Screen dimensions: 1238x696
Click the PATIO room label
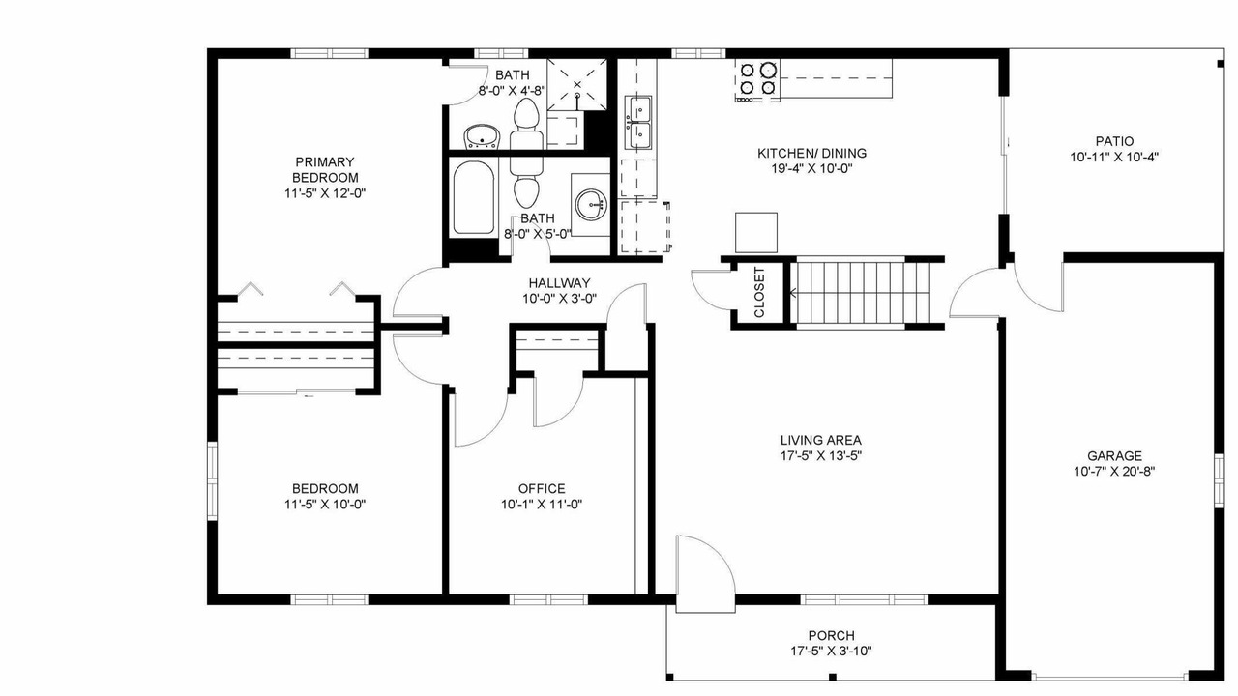[x=1114, y=141]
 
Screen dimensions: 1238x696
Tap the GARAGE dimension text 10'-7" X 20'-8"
[x=1114, y=472]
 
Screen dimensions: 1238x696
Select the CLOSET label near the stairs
[x=759, y=292]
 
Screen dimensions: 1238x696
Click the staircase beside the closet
[x=864, y=293]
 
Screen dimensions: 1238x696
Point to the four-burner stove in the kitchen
[x=757, y=80]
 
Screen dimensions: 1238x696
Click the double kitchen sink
[x=638, y=122]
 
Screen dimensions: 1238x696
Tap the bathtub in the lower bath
[x=474, y=198]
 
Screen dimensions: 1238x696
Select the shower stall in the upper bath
[x=577, y=84]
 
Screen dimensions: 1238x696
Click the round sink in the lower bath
[x=591, y=205]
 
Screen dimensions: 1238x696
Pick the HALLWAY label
[x=559, y=283]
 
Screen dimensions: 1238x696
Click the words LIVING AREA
[x=821, y=440]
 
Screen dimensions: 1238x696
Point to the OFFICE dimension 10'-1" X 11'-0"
[x=542, y=505]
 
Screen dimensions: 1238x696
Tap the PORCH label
[x=831, y=636]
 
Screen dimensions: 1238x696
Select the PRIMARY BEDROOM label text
[x=325, y=169]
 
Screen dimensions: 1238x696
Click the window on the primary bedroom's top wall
[x=330, y=53]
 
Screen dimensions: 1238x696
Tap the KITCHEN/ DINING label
[x=811, y=153]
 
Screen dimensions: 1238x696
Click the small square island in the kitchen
[x=756, y=233]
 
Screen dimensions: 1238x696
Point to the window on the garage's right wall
[x=1219, y=480]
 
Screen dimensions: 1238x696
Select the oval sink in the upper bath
[x=482, y=136]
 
